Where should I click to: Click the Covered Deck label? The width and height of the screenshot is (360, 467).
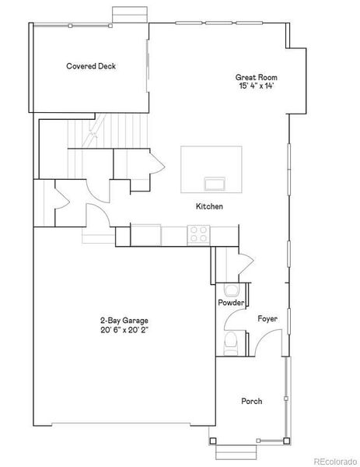(91, 66)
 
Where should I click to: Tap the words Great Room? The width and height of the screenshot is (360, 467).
(257, 77)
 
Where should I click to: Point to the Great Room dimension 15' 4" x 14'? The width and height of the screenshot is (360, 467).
(257, 86)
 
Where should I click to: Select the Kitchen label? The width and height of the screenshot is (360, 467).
(209, 206)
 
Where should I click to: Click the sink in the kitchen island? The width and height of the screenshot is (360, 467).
(211, 184)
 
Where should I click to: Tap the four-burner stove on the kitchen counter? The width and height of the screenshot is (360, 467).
(198, 231)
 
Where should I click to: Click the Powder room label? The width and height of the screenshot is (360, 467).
(231, 303)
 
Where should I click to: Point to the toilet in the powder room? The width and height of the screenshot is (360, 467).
(230, 341)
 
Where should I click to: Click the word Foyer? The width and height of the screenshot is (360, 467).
(267, 319)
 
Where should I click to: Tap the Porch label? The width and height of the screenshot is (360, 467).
(250, 402)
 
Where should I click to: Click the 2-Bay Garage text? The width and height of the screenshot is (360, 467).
(124, 320)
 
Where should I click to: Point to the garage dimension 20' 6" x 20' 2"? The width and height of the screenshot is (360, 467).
(124, 329)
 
